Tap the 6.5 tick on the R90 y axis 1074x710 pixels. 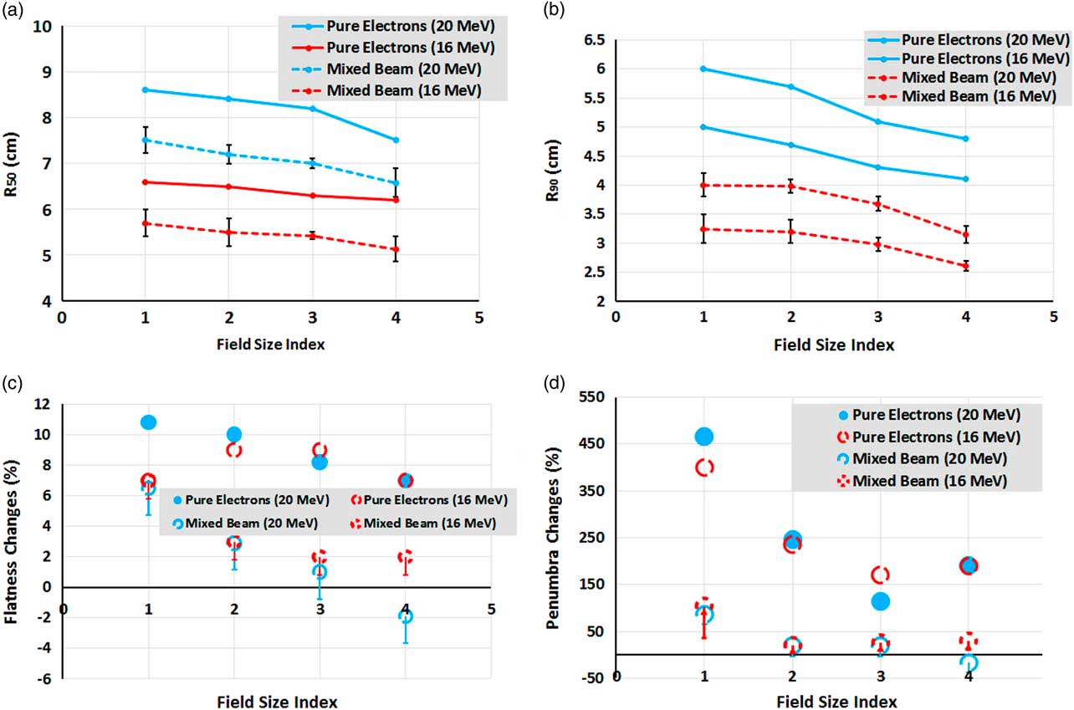coord(593,40)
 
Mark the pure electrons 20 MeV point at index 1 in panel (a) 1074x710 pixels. coord(146,89)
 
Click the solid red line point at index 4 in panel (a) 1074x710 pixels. coord(396,200)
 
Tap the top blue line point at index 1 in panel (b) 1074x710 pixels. coord(703,69)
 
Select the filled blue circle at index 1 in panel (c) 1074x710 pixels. coord(148,422)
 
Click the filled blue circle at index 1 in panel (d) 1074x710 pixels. coord(704,437)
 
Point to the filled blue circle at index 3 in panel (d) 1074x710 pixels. coord(880,601)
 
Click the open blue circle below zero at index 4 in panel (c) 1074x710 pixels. coord(405,616)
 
